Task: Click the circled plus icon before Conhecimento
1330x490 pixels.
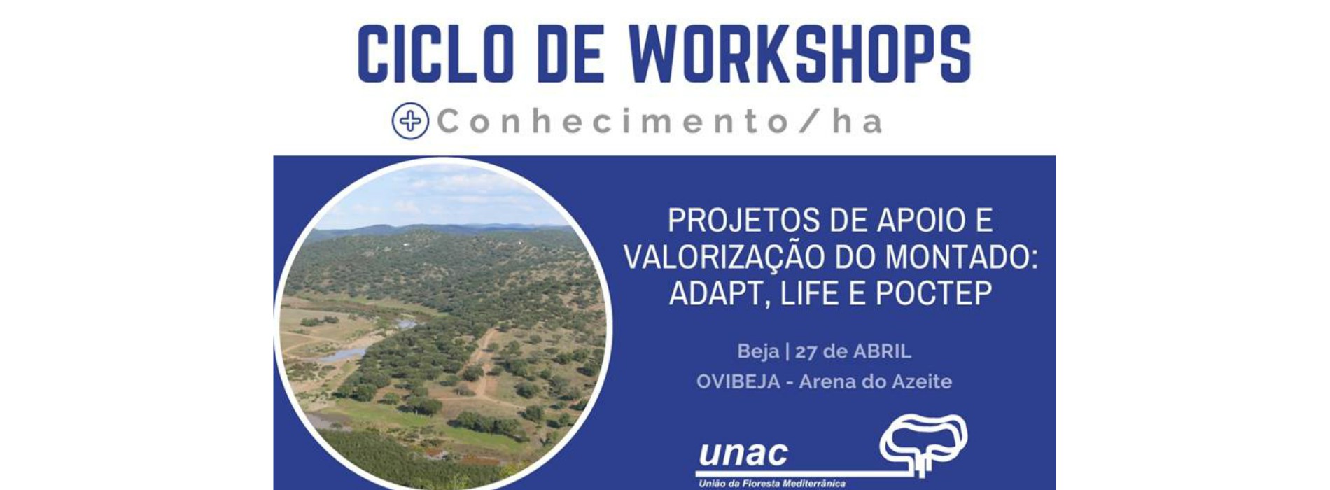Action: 410,121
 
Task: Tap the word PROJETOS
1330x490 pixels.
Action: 742,220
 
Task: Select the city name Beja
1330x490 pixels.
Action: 757,351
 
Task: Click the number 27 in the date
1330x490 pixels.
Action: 806,351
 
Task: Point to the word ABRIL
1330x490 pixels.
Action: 882,351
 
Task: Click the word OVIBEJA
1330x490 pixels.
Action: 738,382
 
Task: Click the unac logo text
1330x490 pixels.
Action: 743,455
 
